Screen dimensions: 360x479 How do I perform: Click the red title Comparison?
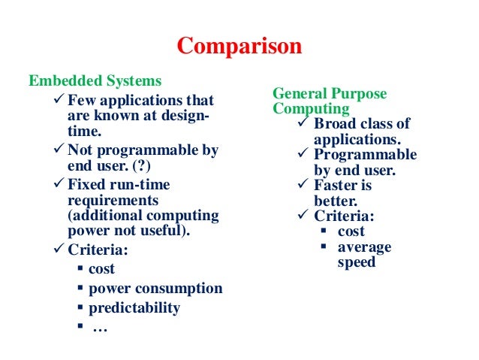tap(239, 47)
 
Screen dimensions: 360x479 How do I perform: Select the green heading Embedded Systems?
tap(95, 80)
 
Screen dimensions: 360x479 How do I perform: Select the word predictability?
tap(134, 307)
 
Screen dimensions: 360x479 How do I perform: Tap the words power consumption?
tap(155, 288)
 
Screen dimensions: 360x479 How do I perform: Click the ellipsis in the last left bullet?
tap(98, 328)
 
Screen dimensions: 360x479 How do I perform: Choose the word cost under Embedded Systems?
tap(102, 268)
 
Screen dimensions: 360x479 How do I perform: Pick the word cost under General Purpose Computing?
tap(351, 231)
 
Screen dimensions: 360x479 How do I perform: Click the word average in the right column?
tap(364, 247)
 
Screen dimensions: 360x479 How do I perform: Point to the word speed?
tap(356, 263)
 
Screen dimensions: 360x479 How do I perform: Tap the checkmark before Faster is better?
tap(304, 186)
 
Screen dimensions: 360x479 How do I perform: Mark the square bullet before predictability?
tap(79, 308)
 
